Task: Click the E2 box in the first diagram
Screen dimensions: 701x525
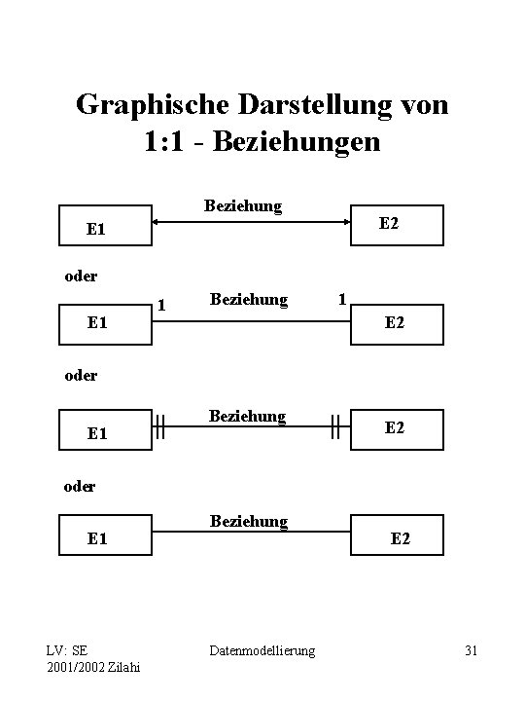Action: pyautogui.click(x=397, y=223)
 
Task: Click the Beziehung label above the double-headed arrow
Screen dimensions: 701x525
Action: pyautogui.click(x=243, y=205)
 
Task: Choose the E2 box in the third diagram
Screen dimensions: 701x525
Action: pyautogui.click(x=397, y=426)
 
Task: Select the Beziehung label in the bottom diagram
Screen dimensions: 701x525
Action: pyautogui.click(x=249, y=521)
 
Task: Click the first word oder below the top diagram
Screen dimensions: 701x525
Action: pyautogui.click(x=79, y=276)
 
